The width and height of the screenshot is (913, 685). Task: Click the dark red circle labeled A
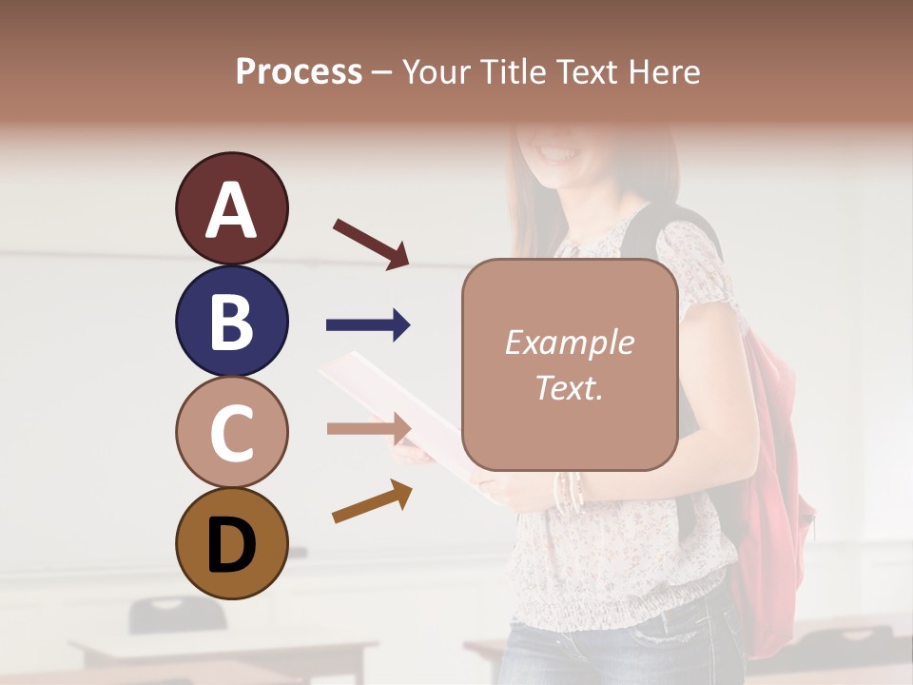(x=231, y=208)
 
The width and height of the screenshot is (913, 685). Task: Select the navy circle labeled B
(x=231, y=321)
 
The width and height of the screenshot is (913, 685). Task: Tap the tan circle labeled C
(x=231, y=432)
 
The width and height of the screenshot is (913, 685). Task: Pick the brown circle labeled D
(x=231, y=543)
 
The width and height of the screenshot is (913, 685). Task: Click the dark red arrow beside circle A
(x=371, y=244)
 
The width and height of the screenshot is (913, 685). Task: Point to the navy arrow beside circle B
(x=368, y=325)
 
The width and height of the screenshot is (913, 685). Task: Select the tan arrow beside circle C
(x=368, y=428)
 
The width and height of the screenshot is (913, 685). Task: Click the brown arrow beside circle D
(x=372, y=501)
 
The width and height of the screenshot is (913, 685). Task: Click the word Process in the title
(x=299, y=71)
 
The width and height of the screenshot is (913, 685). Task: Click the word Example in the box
(x=569, y=342)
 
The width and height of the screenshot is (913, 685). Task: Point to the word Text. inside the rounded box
(x=569, y=387)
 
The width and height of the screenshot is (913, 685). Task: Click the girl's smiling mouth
(x=558, y=152)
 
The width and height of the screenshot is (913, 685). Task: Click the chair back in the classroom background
(x=177, y=615)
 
